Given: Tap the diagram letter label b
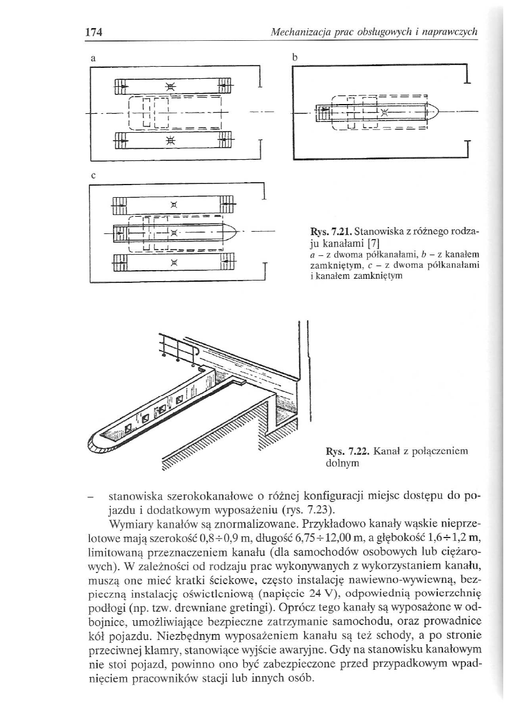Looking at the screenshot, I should click(295, 57).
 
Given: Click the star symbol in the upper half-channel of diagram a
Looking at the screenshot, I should click(169, 87).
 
